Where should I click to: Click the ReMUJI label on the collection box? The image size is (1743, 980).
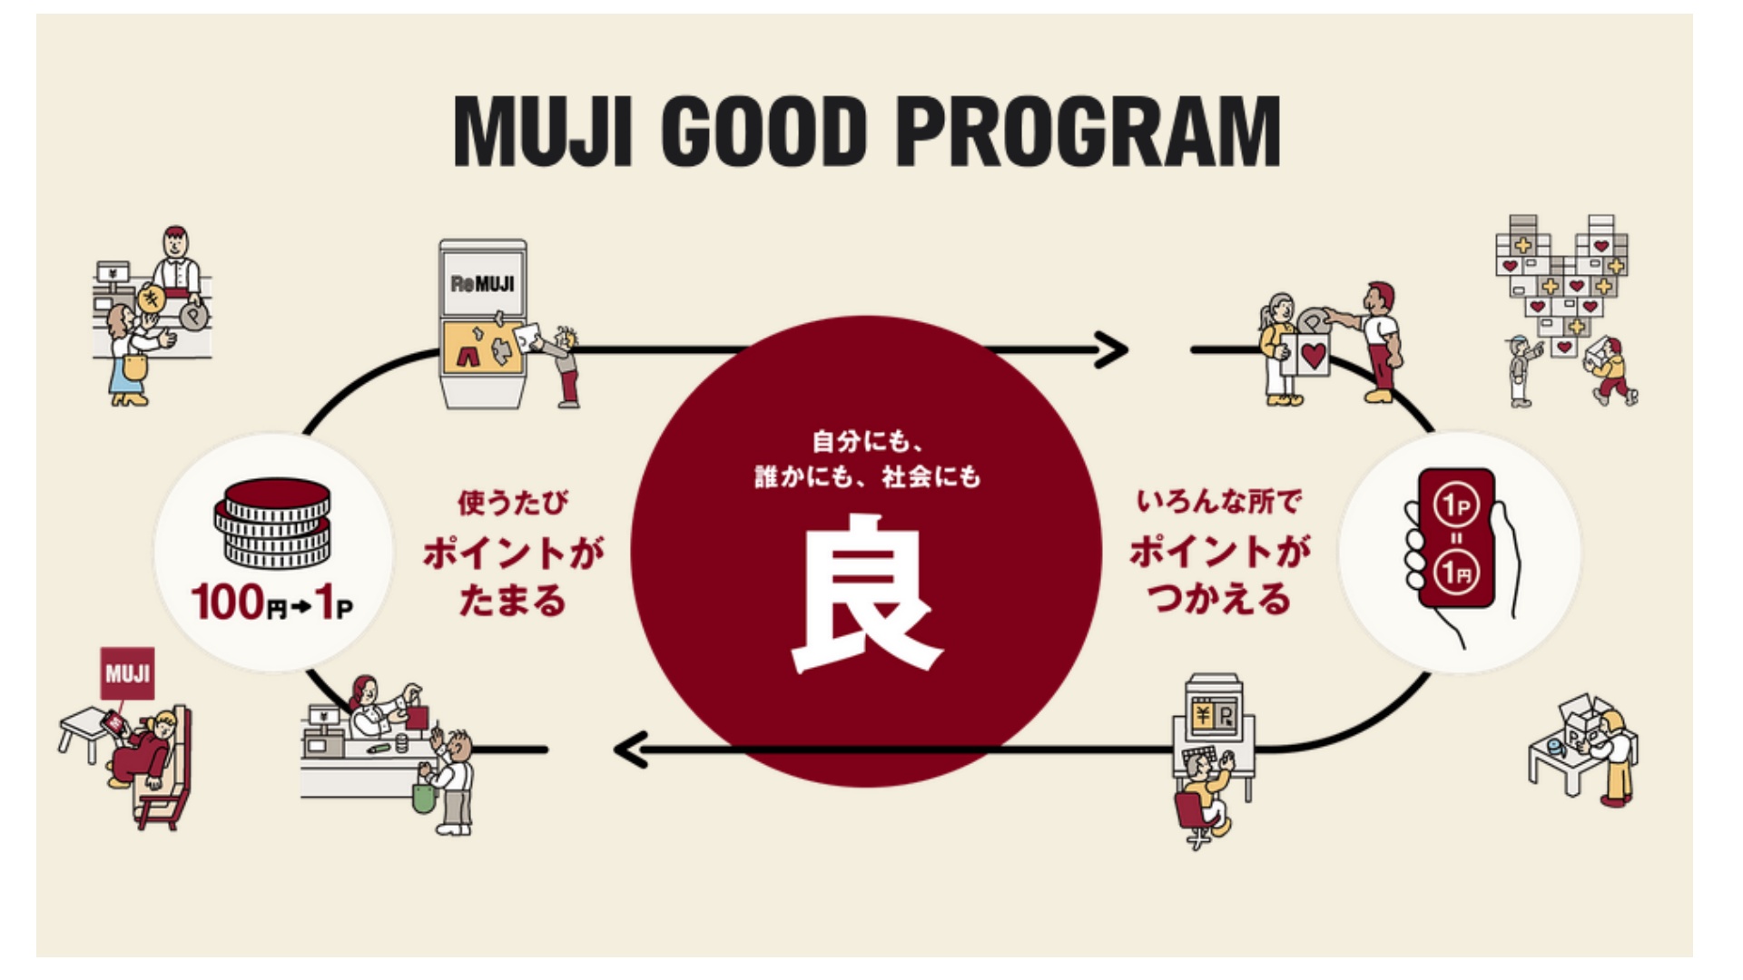(x=482, y=284)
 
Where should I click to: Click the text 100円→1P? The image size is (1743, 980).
(x=271, y=603)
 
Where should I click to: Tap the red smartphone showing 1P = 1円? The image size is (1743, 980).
(x=1456, y=539)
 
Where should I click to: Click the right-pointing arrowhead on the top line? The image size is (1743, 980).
(x=1111, y=349)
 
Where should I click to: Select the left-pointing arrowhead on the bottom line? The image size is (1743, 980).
(x=632, y=750)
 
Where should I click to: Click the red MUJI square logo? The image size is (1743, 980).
(x=127, y=673)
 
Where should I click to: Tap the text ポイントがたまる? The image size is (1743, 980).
(x=513, y=576)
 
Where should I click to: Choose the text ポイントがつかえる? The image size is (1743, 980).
(x=1219, y=575)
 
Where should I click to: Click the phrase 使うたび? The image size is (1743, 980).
(x=513, y=502)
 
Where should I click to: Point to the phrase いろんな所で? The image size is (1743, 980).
(x=1219, y=501)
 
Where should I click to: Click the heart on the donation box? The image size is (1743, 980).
(x=1313, y=356)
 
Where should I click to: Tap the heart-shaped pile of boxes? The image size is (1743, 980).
(x=1561, y=281)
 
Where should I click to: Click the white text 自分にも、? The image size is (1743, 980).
(x=867, y=442)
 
